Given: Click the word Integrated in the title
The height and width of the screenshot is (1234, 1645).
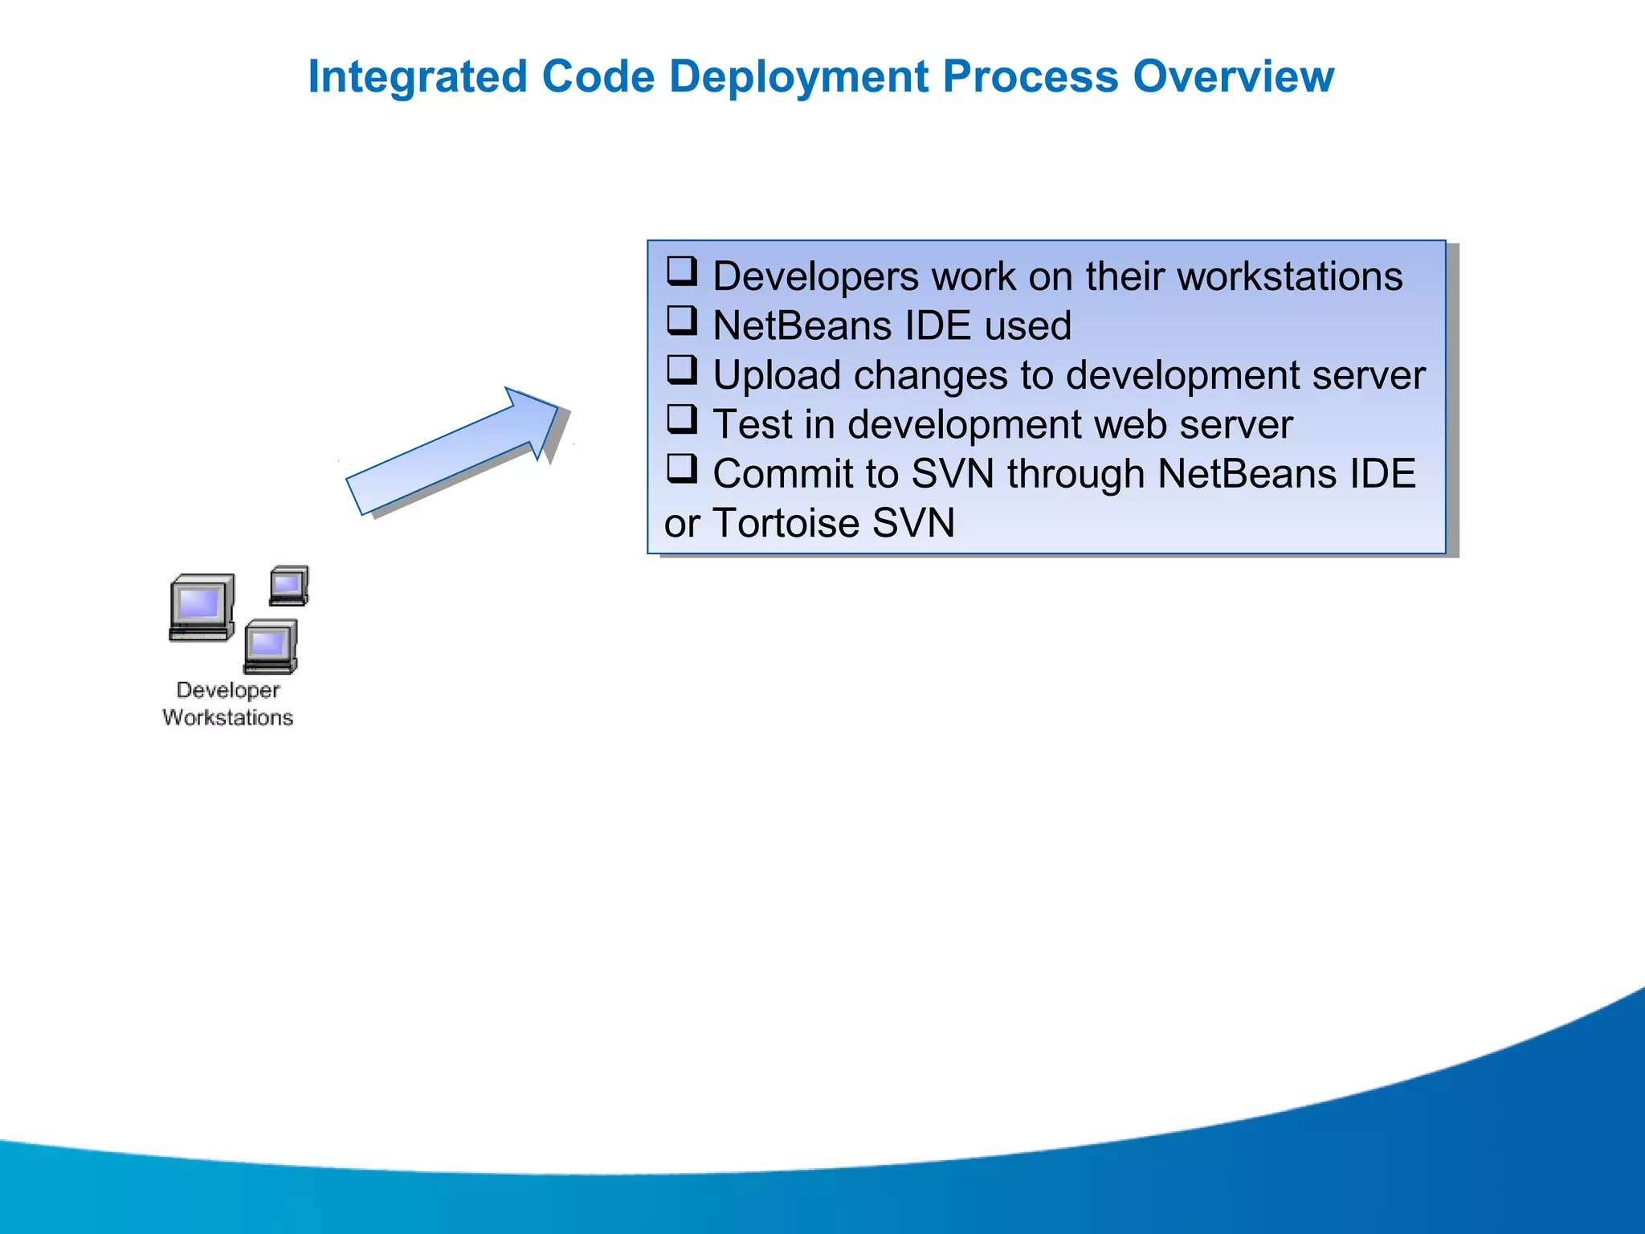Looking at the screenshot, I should [x=417, y=77].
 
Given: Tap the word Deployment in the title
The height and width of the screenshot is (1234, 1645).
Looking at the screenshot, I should [x=798, y=77].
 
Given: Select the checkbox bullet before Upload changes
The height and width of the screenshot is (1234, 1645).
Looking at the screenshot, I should [x=682, y=370].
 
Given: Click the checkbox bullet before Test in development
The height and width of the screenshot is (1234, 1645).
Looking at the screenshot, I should [x=682, y=419].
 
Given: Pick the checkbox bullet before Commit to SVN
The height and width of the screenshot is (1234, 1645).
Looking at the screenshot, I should [x=682, y=468].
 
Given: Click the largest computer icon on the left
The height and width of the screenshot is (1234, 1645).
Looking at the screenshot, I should [x=202, y=607].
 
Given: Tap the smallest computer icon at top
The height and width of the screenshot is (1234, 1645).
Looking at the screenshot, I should [x=289, y=586].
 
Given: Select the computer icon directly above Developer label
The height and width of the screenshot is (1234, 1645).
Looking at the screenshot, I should [x=271, y=646].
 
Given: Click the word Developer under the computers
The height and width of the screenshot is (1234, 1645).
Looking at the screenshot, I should [x=228, y=690].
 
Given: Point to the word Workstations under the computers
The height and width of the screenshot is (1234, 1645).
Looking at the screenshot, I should [x=228, y=717].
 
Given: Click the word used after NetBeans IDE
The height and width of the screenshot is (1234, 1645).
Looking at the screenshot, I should [x=1028, y=326].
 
